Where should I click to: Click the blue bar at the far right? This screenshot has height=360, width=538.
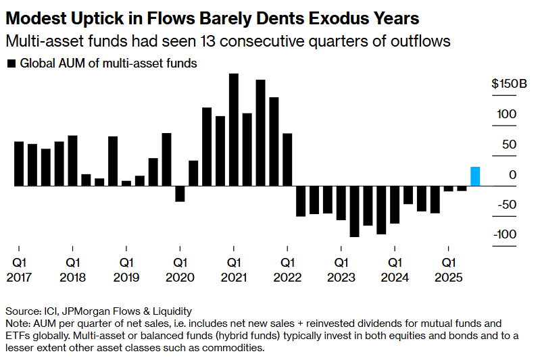point(475,176)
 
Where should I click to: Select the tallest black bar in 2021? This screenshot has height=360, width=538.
point(234,129)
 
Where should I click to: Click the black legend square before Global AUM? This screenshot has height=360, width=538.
point(11,64)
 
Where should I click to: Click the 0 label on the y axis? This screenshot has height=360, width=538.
point(513,175)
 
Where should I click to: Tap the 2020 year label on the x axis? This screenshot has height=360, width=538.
point(180,277)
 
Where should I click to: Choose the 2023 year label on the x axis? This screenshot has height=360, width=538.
point(341,277)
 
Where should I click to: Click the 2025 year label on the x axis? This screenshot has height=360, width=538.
point(449,277)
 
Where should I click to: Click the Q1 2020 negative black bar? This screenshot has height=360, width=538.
point(180,193)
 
